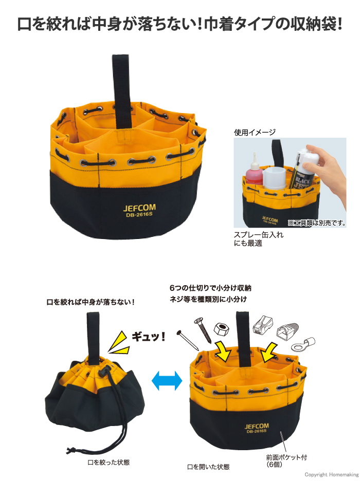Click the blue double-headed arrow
(167, 381)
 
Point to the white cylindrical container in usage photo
(275, 178)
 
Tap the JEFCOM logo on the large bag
(139, 208)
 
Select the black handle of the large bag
(122, 91)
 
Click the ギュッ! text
(149, 337)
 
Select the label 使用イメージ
(255, 133)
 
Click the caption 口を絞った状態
(109, 462)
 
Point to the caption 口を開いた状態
(208, 467)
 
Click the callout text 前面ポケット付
(286, 457)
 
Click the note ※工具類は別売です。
(317, 223)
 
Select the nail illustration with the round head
(188, 340)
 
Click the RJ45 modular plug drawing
(263, 325)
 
